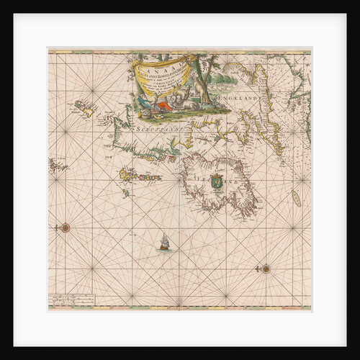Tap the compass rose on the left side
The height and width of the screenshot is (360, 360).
coord(66,228)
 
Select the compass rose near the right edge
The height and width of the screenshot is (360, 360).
coord(265,269)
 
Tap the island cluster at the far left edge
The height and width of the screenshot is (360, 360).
coord(57,166)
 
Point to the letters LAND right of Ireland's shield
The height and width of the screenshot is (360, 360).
coord(238,185)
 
